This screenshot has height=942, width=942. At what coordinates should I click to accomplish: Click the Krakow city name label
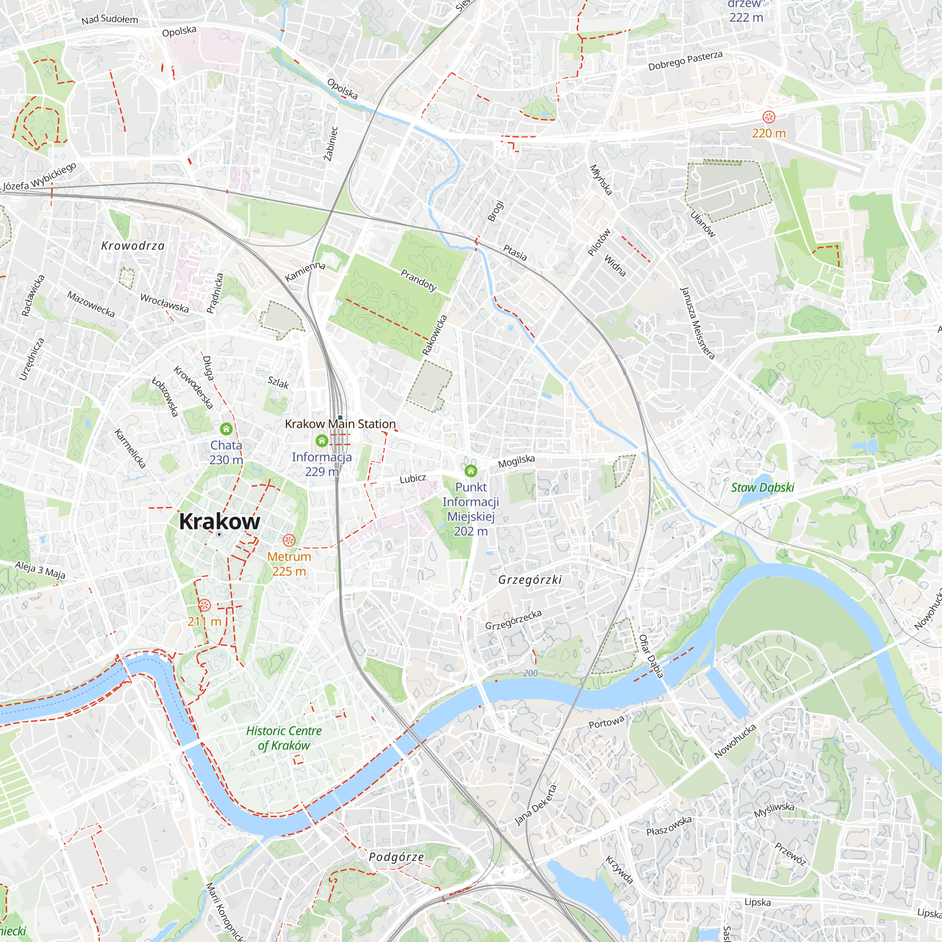click(x=219, y=521)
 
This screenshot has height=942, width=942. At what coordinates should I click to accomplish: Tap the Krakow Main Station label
click(x=340, y=424)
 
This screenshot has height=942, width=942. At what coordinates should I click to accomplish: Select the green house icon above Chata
click(x=226, y=429)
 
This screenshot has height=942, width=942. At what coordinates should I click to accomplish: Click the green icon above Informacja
click(x=322, y=441)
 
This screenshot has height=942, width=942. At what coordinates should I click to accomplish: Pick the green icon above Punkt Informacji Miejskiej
click(x=471, y=471)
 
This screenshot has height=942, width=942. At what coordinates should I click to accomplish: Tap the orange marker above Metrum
click(x=289, y=540)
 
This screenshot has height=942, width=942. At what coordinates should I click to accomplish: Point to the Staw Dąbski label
click(x=763, y=487)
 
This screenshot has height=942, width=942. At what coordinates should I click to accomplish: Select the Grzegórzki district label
click(x=530, y=580)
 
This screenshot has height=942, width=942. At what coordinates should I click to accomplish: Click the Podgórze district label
click(x=396, y=857)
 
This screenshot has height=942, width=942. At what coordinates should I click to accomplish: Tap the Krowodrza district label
click(x=133, y=246)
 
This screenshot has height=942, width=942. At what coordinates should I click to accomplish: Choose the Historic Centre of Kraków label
click(x=284, y=738)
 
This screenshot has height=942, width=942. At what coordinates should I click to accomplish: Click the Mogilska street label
click(x=516, y=461)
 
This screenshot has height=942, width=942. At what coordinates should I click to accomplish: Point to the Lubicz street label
click(x=413, y=479)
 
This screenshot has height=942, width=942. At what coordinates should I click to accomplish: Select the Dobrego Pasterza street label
click(x=685, y=61)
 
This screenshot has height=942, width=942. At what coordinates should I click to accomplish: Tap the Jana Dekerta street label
click(x=536, y=805)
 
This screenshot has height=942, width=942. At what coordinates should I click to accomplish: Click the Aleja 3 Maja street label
click(x=40, y=570)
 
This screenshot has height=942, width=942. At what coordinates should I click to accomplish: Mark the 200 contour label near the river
click(x=530, y=674)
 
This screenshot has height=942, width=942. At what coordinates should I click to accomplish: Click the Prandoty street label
click(x=418, y=280)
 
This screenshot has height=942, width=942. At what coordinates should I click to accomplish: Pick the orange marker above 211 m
click(x=205, y=606)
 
